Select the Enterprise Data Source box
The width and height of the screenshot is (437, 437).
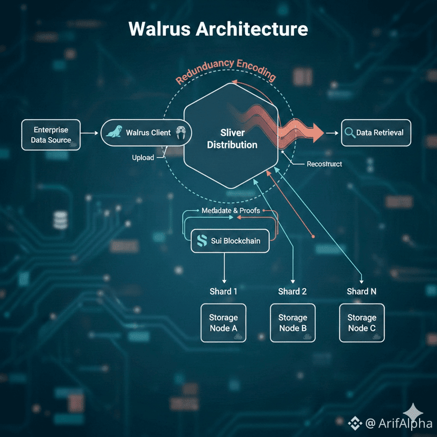coord(52,135)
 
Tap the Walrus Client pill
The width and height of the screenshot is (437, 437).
coord(146,132)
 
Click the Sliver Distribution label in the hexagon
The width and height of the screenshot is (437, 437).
coord(232,139)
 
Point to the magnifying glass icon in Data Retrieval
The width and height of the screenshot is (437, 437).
coord(349,132)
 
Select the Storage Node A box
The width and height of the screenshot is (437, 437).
coord(223,322)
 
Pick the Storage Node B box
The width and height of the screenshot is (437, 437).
coord(292,322)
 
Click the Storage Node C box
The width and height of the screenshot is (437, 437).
coord(362,322)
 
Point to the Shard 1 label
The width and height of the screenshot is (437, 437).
coord(224,291)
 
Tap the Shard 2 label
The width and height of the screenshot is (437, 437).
coord(292,291)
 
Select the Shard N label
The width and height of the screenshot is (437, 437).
coord(362,291)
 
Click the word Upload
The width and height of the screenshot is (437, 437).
coord(143,158)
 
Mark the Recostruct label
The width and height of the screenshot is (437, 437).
coord(324,164)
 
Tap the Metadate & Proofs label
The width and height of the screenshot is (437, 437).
coord(231,211)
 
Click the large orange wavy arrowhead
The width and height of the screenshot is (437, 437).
coord(315,132)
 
